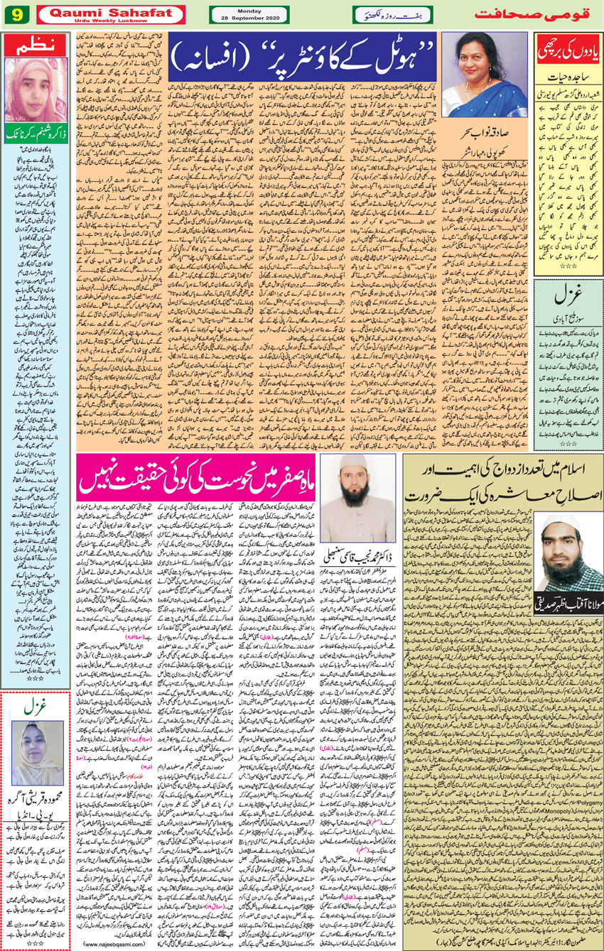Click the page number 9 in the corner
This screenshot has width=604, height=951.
pos(14,14)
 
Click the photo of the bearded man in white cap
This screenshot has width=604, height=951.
pos(357,494)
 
